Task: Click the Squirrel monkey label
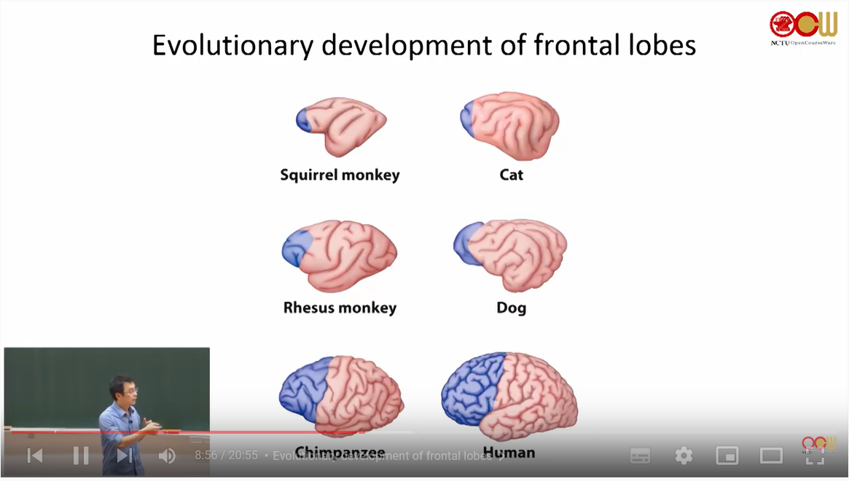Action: click(x=340, y=175)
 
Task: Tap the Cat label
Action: click(x=511, y=175)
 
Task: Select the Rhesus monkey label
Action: click(x=340, y=308)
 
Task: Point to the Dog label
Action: click(x=511, y=308)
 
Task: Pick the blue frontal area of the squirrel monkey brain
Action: click(x=304, y=119)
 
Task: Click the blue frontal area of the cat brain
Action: click(x=468, y=119)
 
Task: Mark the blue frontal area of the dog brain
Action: click(x=467, y=243)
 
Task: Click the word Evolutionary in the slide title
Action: click(x=231, y=45)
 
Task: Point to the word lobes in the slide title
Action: click(x=662, y=45)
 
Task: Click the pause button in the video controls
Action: click(x=80, y=456)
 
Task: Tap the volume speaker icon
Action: click(x=167, y=456)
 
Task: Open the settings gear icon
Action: click(x=684, y=456)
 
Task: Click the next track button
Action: click(x=125, y=456)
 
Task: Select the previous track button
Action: click(x=35, y=456)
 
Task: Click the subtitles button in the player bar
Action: click(x=640, y=456)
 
